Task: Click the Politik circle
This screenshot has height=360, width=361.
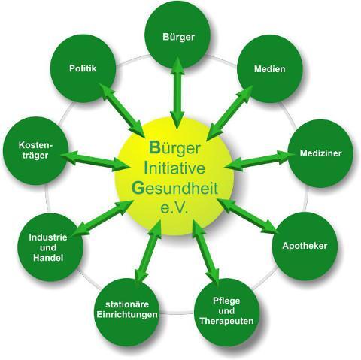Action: click(83, 68)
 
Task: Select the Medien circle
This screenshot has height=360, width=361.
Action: click(270, 69)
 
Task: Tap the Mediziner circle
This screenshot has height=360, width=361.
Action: click(320, 153)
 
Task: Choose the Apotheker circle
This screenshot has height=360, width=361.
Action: click(305, 246)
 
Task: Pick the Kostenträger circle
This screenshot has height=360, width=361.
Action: click(36, 150)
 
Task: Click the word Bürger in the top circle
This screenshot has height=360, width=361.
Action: click(178, 37)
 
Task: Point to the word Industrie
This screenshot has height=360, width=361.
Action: click(48, 237)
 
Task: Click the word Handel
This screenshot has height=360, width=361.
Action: click(48, 258)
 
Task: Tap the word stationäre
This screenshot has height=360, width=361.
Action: click(127, 304)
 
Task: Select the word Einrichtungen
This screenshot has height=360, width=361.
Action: click(127, 315)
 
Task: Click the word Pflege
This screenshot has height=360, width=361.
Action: click(226, 301)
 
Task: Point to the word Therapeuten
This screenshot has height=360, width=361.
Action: click(226, 321)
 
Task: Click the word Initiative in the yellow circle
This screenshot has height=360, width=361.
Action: click(174, 168)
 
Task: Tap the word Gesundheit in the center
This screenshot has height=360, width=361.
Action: click(174, 189)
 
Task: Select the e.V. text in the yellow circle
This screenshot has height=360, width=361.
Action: click(174, 208)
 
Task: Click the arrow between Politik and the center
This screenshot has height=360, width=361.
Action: click(122, 110)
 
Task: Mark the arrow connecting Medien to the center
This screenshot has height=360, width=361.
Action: click(230, 113)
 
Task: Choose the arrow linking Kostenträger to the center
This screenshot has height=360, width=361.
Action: click(94, 161)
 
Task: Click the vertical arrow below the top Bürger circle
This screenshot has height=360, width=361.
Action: click(177, 92)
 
